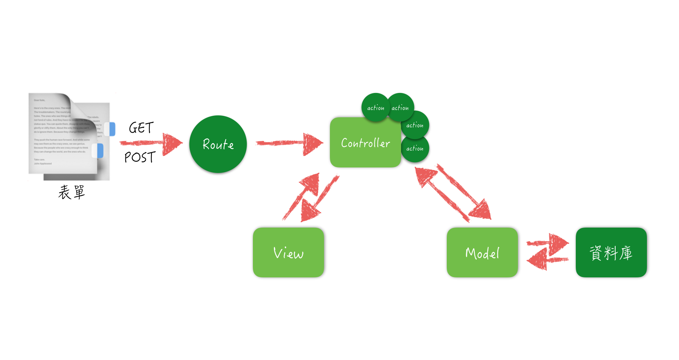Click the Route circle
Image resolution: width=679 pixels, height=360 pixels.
pos(218,144)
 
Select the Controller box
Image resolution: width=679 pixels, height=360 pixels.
pos(365,143)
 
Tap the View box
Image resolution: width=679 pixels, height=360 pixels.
pos(288,253)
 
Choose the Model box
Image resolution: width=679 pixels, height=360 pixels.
pos(482,253)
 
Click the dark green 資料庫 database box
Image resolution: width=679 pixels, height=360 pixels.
pos(611,253)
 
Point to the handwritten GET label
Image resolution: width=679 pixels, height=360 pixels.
pos(141,128)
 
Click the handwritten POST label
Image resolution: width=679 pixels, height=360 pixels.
pos(140,157)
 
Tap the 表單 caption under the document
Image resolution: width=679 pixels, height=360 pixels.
pos(72,192)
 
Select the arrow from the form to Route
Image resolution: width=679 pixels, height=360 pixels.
pos(151,143)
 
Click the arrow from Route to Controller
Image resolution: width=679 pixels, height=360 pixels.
pos(289,143)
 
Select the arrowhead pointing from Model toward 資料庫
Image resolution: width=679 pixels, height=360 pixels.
pos(558,243)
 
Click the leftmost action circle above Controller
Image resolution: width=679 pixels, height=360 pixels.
pos(375,108)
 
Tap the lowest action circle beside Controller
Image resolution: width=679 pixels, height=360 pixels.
pos(415,149)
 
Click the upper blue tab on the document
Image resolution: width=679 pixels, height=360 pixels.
pos(110,129)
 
